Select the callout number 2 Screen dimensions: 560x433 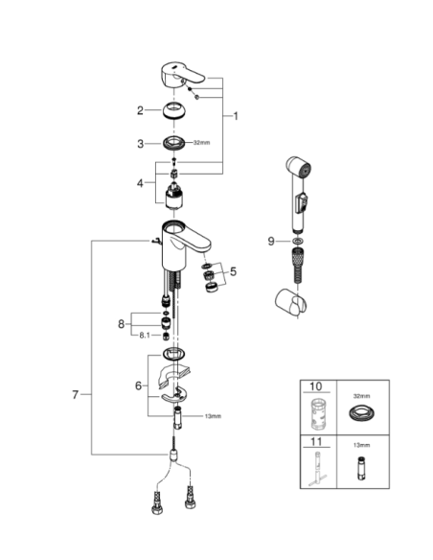140,110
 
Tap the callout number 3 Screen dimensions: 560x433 140,144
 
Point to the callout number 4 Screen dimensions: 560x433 140,181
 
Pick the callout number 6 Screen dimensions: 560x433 140,385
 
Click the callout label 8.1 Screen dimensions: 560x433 145,335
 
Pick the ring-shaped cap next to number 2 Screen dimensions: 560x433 175,109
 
